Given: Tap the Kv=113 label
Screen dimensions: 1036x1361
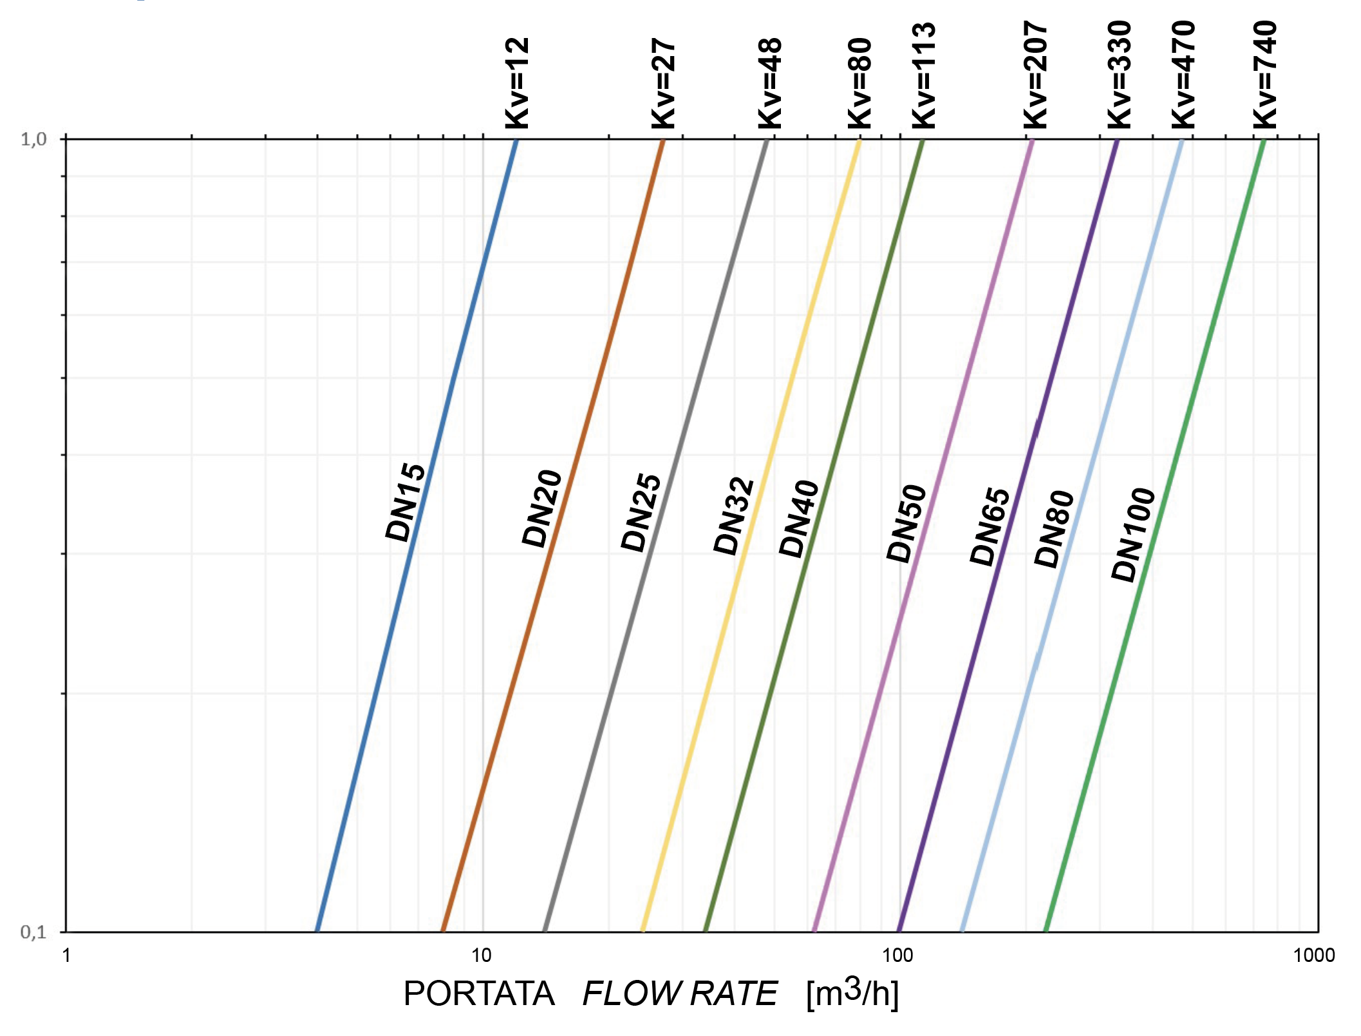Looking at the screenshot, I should click(925, 76).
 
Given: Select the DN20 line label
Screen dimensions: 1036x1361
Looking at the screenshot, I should click(542, 508).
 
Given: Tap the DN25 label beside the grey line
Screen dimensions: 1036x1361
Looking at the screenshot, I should click(641, 513).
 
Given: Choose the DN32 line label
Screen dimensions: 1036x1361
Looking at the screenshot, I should click(734, 516).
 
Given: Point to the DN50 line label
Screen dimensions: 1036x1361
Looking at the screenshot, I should click(906, 523).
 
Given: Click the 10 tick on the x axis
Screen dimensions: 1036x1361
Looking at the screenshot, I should click(482, 955).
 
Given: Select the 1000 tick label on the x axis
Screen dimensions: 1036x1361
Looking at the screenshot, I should click(1314, 955).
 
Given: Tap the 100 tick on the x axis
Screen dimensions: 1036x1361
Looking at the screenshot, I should click(897, 955).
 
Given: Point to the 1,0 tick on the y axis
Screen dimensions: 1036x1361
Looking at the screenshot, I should click(33, 139).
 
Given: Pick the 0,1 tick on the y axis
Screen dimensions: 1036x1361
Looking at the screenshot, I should click(33, 932).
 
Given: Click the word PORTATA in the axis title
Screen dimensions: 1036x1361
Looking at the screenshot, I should click(479, 994).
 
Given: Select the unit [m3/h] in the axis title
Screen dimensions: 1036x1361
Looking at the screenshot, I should click(852, 993).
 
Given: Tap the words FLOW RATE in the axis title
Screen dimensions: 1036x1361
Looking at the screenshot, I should click(680, 994).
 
